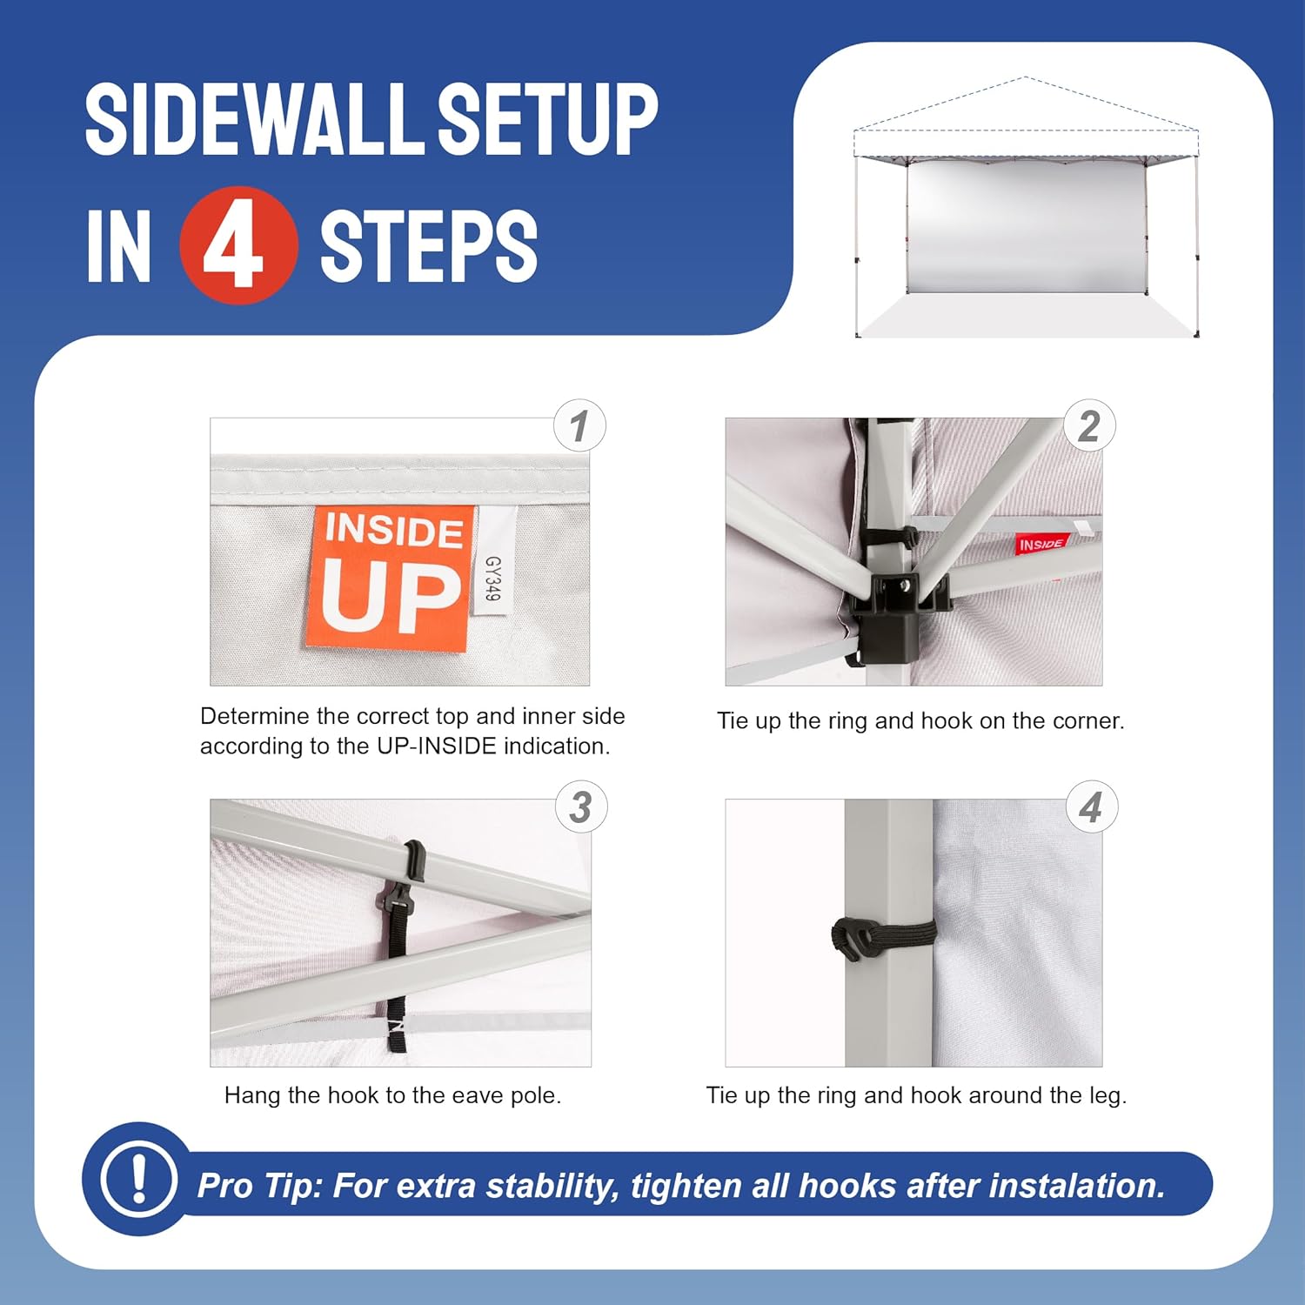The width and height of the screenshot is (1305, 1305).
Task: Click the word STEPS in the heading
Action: coord(428,246)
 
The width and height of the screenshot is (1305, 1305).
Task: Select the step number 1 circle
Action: coord(580,425)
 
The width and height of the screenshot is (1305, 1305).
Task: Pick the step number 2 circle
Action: coord(1089,425)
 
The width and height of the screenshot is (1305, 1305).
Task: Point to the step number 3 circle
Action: coord(581,807)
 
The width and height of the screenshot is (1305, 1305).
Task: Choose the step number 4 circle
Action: coord(1091,807)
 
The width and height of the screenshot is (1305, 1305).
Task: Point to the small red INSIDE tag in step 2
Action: coord(1041,545)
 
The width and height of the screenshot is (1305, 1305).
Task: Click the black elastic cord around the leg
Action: coord(883,938)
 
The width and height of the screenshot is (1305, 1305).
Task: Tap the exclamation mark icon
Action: coord(138,1179)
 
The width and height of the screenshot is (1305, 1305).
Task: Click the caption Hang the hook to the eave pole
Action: coord(392,1095)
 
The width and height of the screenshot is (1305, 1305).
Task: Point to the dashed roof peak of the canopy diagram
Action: coord(1025,78)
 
